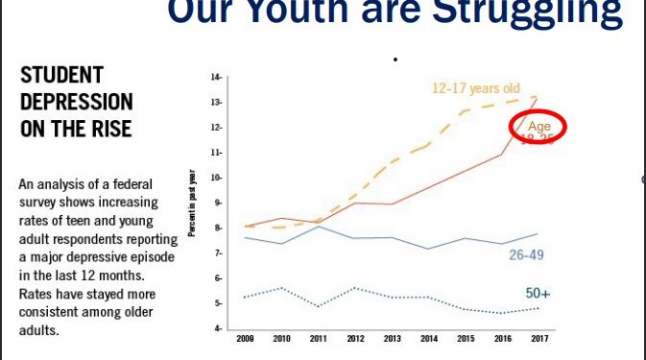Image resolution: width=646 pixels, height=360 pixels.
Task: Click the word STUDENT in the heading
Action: click(x=61, y=76)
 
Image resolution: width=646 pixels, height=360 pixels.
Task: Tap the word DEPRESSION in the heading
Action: click(x=77, y=102)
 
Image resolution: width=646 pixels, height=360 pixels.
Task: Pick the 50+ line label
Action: click(x=538, y=294)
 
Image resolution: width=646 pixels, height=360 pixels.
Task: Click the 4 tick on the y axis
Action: click(x=218, y=328)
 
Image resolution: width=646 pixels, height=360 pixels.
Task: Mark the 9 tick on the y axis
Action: click(x=218, y=203)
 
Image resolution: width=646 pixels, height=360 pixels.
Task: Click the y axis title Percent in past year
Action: click(x=193, y=207)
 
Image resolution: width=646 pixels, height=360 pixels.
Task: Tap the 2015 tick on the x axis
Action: click(x=465, y=339)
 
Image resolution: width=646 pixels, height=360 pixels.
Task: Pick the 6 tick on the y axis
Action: click(x=218, y=278)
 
